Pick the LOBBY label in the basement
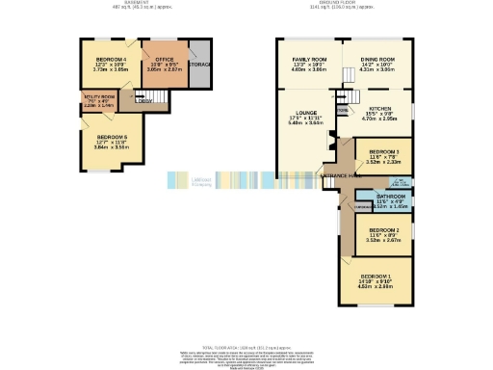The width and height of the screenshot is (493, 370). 143,95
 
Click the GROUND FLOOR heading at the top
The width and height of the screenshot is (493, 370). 354,3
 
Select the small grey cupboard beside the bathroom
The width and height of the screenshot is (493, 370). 362,207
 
